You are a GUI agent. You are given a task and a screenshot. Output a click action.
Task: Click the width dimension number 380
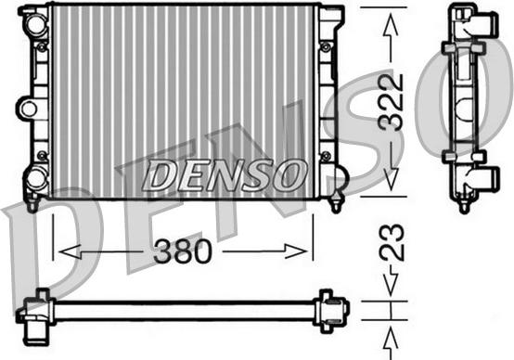coord(183,251)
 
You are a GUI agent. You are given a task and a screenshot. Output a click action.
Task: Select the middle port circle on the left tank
coord(29,109)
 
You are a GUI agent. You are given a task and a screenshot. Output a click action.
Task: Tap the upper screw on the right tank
coord(325,45)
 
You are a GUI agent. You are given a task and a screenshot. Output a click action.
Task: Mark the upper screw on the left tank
coord(41,45)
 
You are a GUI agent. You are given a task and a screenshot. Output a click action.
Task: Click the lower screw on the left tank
coord(41,154)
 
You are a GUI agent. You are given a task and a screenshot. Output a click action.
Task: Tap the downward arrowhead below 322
coord(390,186)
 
